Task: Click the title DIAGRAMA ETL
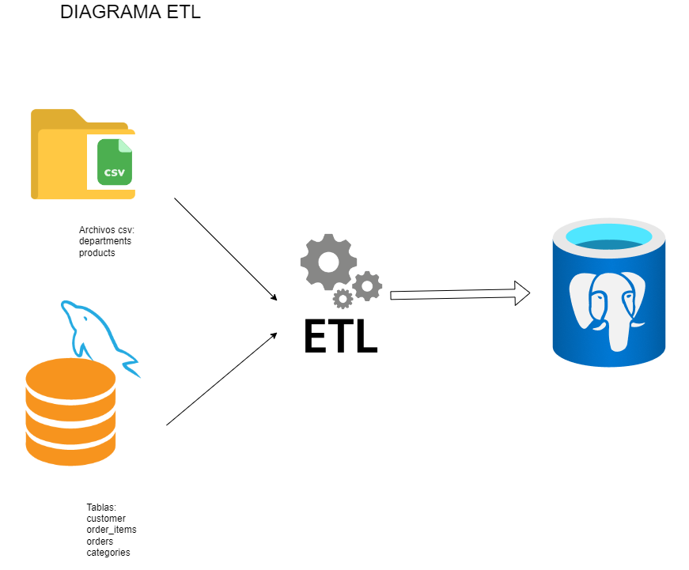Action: pyautogui.click(x=130, y=12)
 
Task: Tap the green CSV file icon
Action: pyautogui.click(x=115, y=162)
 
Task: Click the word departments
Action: pyautogui.click(x=105, y=241)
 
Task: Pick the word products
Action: pyautogui.click(x=97, y=253)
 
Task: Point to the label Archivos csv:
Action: pyautogui.click(x=107, y=230)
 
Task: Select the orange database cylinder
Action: pyautogui.click(x=70, y=411)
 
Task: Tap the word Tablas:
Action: pyautogui.click(x=101, y=508)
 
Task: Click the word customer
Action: pyautogui.click(x=106, y=519)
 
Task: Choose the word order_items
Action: pyautogui.click(x=112, y=530)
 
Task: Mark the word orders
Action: pyautogui.click(x=100, y=542)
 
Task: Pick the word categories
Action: pyautogui.click(x=108, y=553)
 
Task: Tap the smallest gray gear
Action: pyautogui.click(x=343, y=299)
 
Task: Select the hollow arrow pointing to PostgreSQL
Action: pyautogui.click(x=459, y=293)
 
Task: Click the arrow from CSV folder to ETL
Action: pyautogui.click(x=225, y=249)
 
